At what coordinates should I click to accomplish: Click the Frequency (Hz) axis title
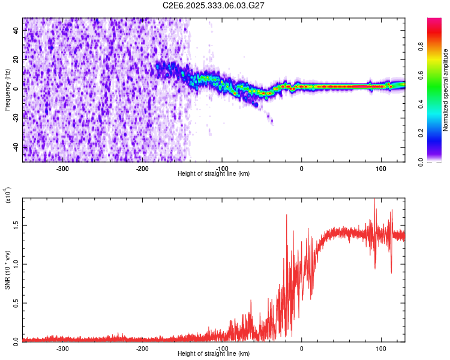click(x=7, y=90)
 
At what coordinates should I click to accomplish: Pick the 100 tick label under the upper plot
click(x=380, y=167)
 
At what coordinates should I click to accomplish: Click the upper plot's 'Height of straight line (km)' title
click(x=214, y=173)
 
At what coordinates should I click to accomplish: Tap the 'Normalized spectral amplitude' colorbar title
click(x=446, y=90)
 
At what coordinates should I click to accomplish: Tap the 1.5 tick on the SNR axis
click(x=15, y=226)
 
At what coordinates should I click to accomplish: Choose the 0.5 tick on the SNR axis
click(x=15, y=302)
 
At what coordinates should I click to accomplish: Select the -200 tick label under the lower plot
click(x=142, y=347)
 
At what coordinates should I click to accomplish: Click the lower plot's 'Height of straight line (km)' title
click(x=214, y=353)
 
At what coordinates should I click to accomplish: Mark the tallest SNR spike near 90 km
click(x=374, y=200)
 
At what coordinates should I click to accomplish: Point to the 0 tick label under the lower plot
click(x=301, y=347)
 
